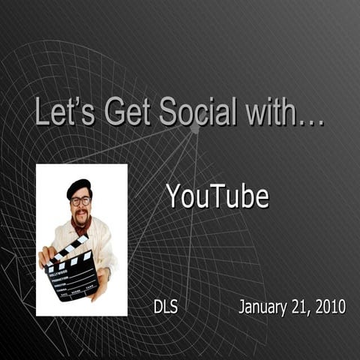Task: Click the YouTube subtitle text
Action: [x=217, y=196]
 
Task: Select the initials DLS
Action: [x=165, y=306]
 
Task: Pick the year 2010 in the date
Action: [x=330, y=306]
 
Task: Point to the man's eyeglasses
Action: [x=80, y=201]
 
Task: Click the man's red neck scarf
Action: [x=81, y=223]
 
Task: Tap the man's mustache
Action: [x=81, y=212]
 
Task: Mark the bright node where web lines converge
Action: [x=195, y=128]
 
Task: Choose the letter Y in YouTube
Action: [x=174, y=196]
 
